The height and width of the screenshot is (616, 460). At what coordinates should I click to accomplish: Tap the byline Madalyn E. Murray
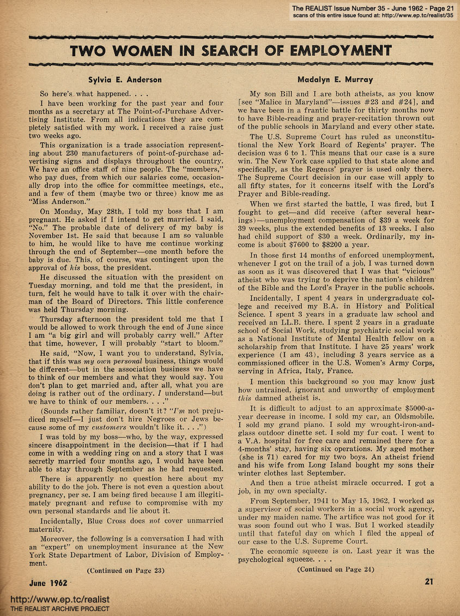point(335,80)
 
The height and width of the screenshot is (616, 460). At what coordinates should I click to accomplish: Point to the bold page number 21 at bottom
point(428,582)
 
